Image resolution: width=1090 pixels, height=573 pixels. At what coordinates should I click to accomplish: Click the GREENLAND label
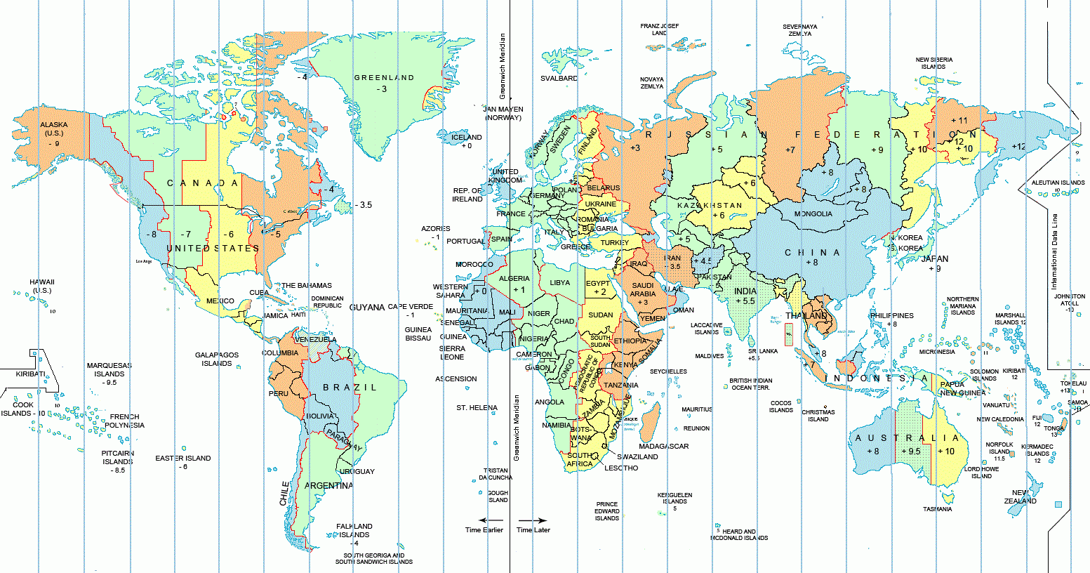[x=384, y=78]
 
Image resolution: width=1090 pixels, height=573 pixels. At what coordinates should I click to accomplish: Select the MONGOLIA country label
[x=813, y=214]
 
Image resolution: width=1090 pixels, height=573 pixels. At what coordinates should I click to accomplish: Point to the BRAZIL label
[x=350, y=388]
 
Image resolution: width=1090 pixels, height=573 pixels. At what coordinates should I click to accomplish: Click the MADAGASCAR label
[x=664, y=447]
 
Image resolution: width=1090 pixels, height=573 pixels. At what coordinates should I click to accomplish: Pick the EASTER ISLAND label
[x=183, y=459]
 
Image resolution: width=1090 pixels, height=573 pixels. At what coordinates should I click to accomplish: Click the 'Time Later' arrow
[x=533, y=520]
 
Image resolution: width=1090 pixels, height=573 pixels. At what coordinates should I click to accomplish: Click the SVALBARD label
[x=559, y=79]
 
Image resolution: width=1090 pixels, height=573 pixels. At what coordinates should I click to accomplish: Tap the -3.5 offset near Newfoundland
[x=363, y=205]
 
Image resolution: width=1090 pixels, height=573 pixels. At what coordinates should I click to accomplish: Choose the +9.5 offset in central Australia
[x=910, y=452]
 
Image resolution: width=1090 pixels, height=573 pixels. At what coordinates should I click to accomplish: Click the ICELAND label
[x=467, y=138]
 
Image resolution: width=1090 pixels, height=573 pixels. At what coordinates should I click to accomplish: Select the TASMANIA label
[x=938, y=509]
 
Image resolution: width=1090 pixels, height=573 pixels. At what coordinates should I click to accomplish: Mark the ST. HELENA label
[x=477, y=408]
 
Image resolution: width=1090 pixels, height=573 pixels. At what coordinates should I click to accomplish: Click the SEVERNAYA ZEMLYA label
[x=800, y=30]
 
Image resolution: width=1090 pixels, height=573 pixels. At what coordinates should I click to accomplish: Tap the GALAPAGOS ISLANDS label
[x=217, y=360]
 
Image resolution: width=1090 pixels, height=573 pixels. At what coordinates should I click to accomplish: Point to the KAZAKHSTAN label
[x=710, y=206]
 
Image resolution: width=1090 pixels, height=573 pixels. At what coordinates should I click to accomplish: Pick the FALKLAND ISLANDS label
[x=354, y=530]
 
